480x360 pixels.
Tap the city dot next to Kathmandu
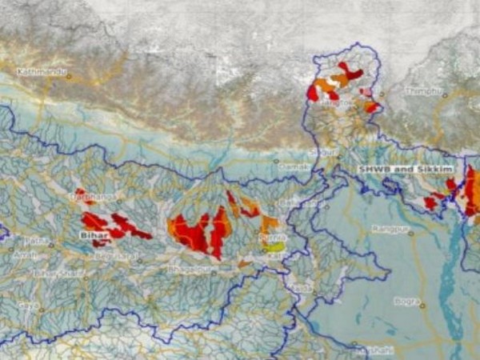tap(68, 77)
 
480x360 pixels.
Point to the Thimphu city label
tap(423, 92)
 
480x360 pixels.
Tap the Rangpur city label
tap(389, 229)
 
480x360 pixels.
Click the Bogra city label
tap(406, 302)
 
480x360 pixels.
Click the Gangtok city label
tap(337, 103)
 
